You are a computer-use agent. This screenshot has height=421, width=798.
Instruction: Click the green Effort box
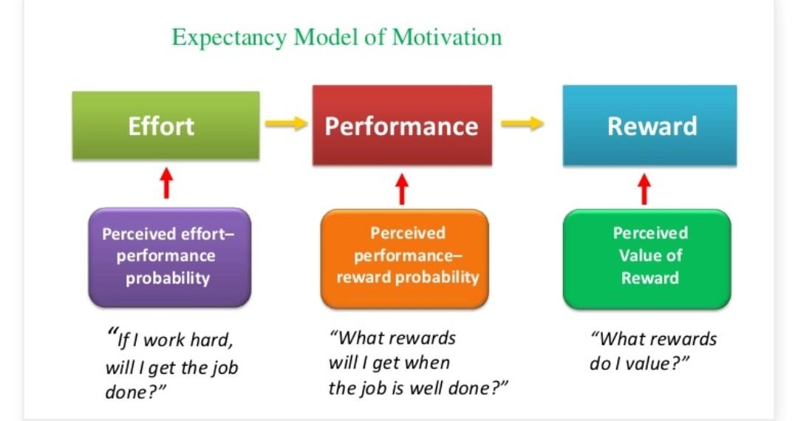pyautogui.click(x=166, y=125)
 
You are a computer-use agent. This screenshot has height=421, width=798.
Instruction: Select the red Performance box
pyautogui.click(x=402, y=125)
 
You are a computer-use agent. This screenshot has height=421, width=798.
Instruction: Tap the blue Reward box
pyautogui.click(x=650, y=125)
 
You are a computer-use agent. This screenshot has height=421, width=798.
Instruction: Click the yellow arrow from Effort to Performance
pyautogui.click(x=286, y=124)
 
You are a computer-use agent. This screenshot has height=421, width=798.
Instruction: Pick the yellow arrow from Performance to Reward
pyautogui.click(x=522, y=124)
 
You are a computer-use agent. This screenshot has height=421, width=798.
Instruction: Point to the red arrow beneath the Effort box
pyautogui.click(x=166, y=184)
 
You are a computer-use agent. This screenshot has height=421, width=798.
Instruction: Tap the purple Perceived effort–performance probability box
pyautogui.click(x=169, y=256)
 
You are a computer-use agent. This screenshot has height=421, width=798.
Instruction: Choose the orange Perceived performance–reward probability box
pyautogui.click(x=405, y=256)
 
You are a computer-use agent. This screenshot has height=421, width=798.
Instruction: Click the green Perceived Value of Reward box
pyautogui.click(x=647, y=256)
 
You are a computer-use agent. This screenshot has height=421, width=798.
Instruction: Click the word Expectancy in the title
pyautogui.click(x=230, y=37)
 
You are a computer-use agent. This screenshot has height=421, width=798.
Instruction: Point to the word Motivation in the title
pyautogui.click(x=447, y=37)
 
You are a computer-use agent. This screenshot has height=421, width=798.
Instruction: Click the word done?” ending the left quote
pyautogui.click(x=133, y=392)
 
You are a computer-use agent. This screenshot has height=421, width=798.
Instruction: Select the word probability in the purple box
pyautogui.click(x=168, y=278)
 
